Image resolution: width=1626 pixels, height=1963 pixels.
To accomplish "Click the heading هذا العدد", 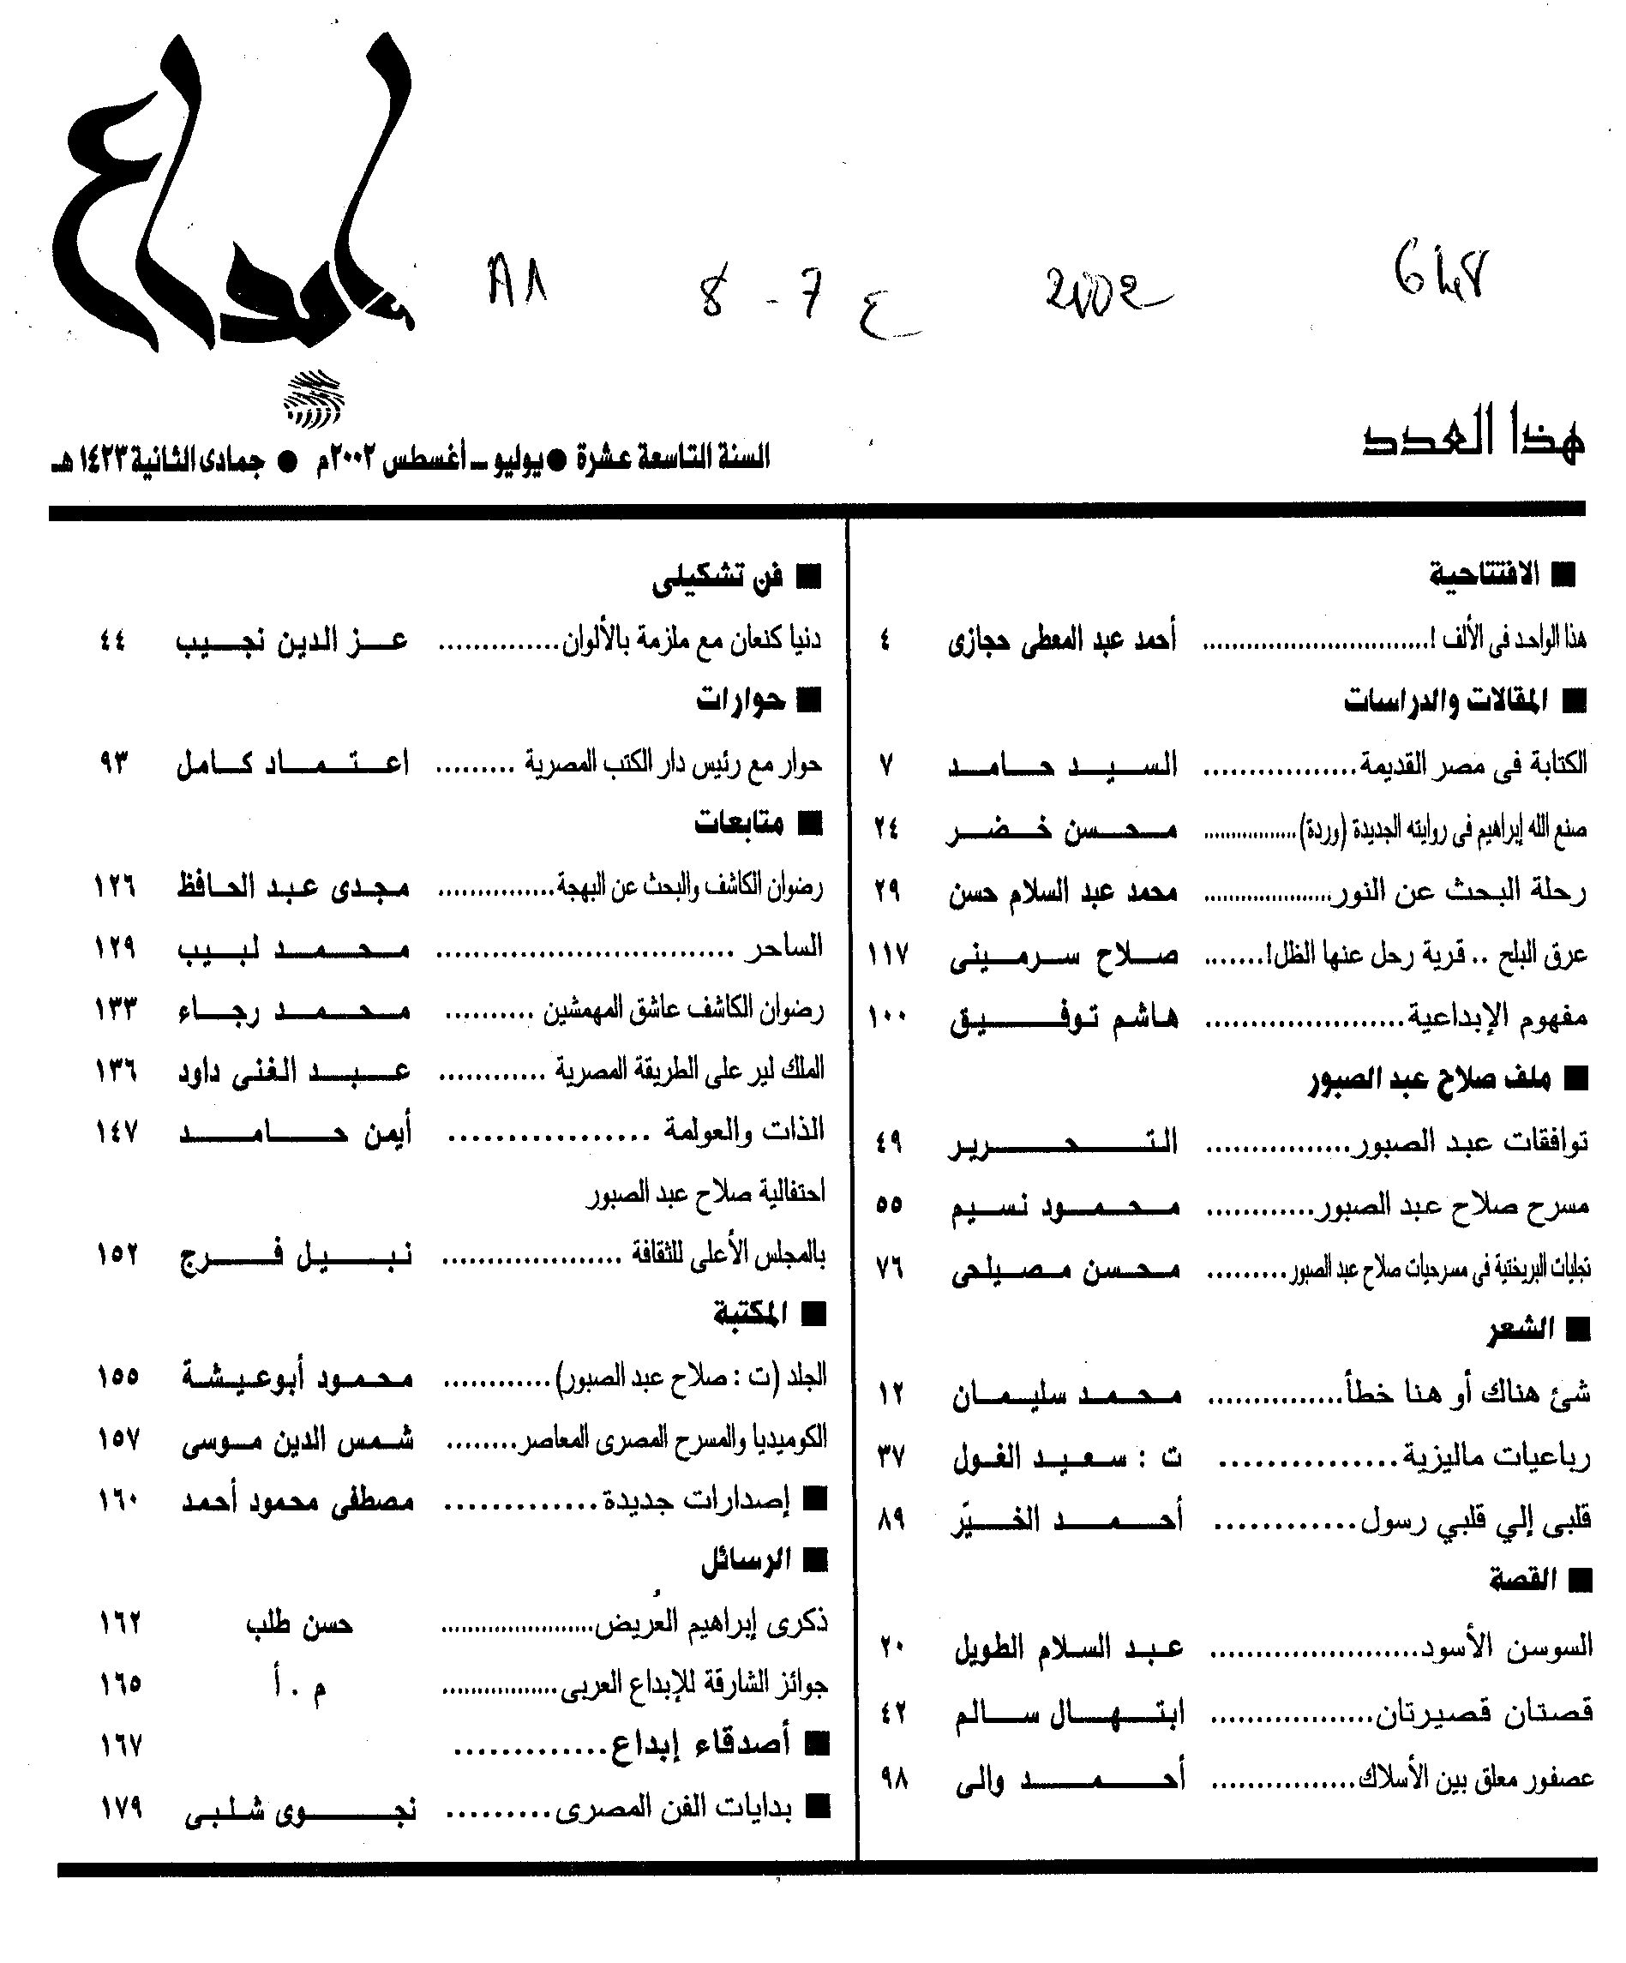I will (x=1473, y=441).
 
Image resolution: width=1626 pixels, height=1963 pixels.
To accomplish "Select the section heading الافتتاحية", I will (x=1484, y=574).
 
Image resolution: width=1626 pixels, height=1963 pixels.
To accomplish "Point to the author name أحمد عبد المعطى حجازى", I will (x=1062, y=640).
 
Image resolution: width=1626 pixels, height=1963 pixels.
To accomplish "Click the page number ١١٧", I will (x=888, y=954).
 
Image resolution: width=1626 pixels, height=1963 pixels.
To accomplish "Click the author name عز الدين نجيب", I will (x=291, y=641).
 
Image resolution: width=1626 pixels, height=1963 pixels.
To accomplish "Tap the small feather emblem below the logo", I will (x=313, y=397).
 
